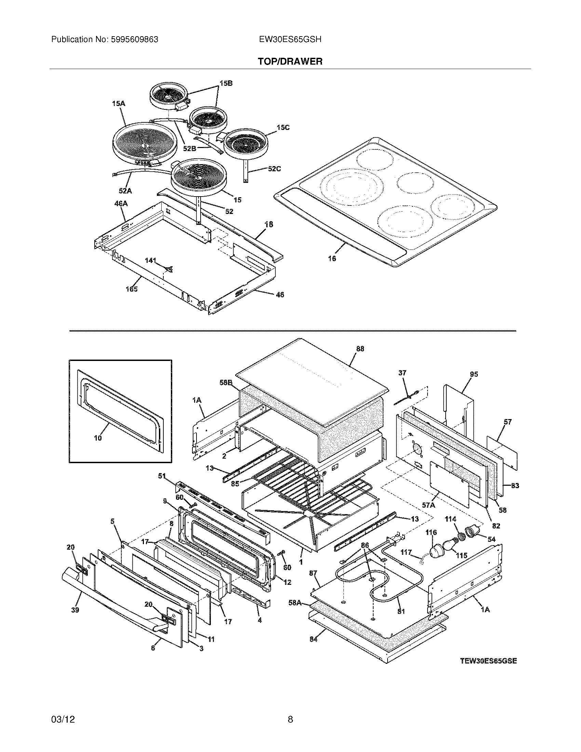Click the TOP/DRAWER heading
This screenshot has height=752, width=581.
tap(290, 62)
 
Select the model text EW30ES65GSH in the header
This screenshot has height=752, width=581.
tap(290, 40)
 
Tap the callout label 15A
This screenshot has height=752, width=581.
tap(118, 103)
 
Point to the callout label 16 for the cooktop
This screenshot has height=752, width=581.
tap(332, 258)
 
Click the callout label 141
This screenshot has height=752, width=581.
tap(150, 260)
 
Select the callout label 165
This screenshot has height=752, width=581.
tap(132, 289)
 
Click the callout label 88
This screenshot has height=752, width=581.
tap(360, 349)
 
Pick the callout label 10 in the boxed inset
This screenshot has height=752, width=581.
tap(98, 438)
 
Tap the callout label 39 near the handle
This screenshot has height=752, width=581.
tap(75, 610)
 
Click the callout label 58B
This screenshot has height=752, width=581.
tap(226, 382)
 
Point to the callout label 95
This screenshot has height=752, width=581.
tap(474, 374)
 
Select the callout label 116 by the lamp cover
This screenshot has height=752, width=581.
tap(431, 532)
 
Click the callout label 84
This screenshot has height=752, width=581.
tap(313, 640)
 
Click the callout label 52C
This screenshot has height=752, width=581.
tap(274, 169)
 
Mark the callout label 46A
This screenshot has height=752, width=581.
tap(121, 203)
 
